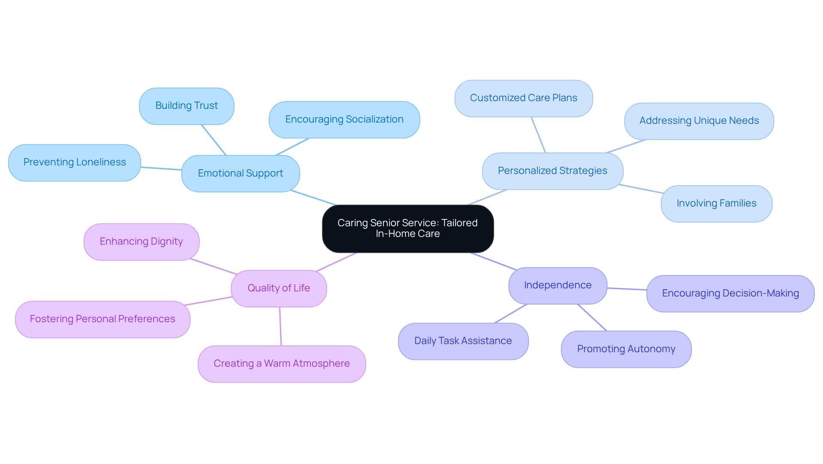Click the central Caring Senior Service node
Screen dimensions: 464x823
coord(408,228)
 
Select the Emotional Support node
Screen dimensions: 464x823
coord(240,173)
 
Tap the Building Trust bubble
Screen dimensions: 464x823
coord(186,106)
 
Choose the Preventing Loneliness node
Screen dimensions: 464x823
coord(75,162)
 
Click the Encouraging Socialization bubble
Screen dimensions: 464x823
coord(344,120)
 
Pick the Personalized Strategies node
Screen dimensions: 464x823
coord(553,171)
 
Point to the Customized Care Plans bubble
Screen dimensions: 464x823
coord(523,98)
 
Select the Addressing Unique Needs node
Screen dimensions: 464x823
coord(699,121)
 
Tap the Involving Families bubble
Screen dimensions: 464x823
coord(716,204)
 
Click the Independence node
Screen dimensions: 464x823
coord(558,285)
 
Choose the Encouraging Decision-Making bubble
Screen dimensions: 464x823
coord(730,293)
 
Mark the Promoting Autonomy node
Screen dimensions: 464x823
coord(626,349)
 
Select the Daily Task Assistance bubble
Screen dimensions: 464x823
coord(463,341)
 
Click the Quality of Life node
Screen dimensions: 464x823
coord(279,288)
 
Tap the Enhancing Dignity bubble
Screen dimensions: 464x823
coord(141,242)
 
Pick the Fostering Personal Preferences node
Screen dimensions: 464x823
coord(102,319)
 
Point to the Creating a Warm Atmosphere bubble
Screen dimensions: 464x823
coord(282,364)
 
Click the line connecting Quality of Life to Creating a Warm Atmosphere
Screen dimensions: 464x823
coord(280,326)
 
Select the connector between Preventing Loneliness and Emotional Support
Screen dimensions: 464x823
coord(161,168)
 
